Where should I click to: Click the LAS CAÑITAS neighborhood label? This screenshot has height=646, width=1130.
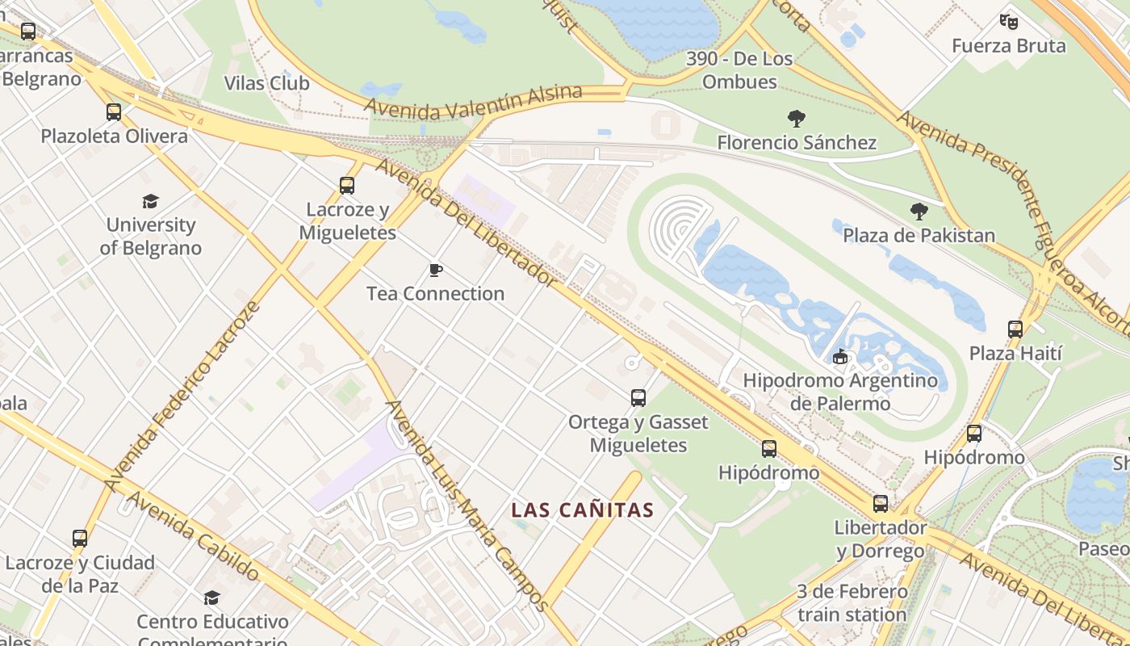point(582,510)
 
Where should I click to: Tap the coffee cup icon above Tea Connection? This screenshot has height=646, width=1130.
point(436,270)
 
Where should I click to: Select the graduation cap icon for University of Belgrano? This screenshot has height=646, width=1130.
point(150,201)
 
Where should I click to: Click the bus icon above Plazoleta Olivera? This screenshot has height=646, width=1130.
point(114,112)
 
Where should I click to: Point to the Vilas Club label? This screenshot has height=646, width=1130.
point(266,83)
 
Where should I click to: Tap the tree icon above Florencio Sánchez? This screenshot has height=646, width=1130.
point(797,119)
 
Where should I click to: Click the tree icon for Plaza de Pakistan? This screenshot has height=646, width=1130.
point(919,212)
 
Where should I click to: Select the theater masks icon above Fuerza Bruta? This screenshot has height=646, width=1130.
point(1008,21)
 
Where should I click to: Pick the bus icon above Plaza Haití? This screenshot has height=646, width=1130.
point(1015,329)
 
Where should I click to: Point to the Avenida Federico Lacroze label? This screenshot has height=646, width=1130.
point(182,396)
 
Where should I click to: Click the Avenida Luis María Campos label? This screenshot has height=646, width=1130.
point(467,505)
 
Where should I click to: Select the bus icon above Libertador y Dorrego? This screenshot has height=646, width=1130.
point(881,504)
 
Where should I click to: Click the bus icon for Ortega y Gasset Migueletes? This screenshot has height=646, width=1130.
point(638,398)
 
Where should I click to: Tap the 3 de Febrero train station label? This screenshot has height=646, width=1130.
point(852,603)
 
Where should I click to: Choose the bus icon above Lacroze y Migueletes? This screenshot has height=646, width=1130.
point(347,186)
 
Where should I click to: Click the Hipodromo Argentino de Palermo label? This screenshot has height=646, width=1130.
point(840,392)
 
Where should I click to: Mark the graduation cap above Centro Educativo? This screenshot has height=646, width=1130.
point(211,598)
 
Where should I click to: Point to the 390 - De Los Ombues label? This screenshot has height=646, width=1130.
point(739,70)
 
